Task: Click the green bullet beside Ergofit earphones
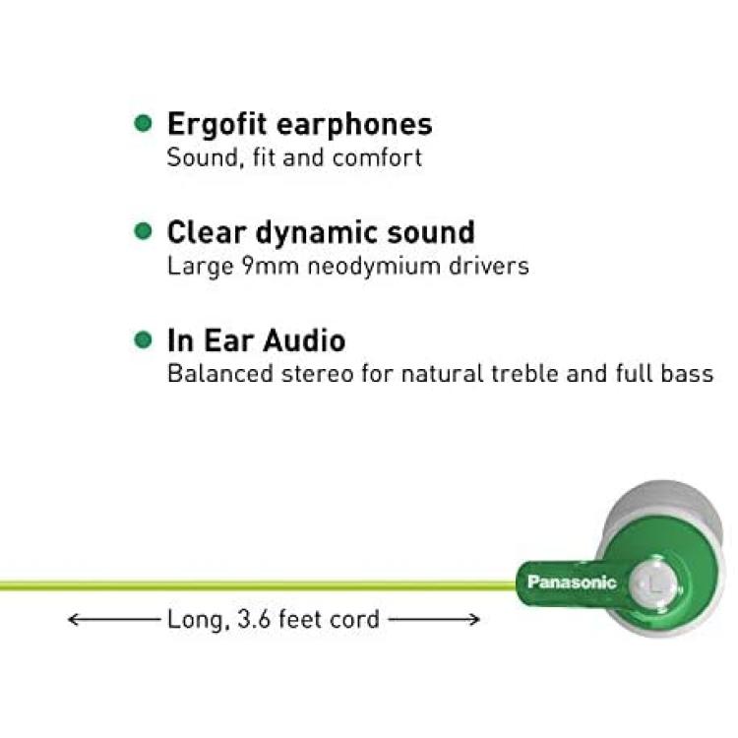(x=143, y=123)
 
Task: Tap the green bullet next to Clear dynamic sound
(x=143, y=231)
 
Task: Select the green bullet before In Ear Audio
(x=143, y=339)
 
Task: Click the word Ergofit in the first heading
(x=217, y=126)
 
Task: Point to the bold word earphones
(x=354, y=126)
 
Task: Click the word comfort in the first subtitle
(x=377, y=157)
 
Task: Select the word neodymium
(x=374, y=267)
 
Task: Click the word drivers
(x=489, y=266)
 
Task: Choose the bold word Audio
(x=304, y=340)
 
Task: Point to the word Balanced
(x=220, y=374)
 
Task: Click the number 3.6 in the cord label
(x=254, y=619)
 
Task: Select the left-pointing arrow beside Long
(x=114, y=619)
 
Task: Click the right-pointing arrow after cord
(x=434, y=619)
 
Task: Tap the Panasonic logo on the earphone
(x=572, y=583)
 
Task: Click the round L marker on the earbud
(x=652, y=584)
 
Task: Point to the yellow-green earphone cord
(x=258, y=586)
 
